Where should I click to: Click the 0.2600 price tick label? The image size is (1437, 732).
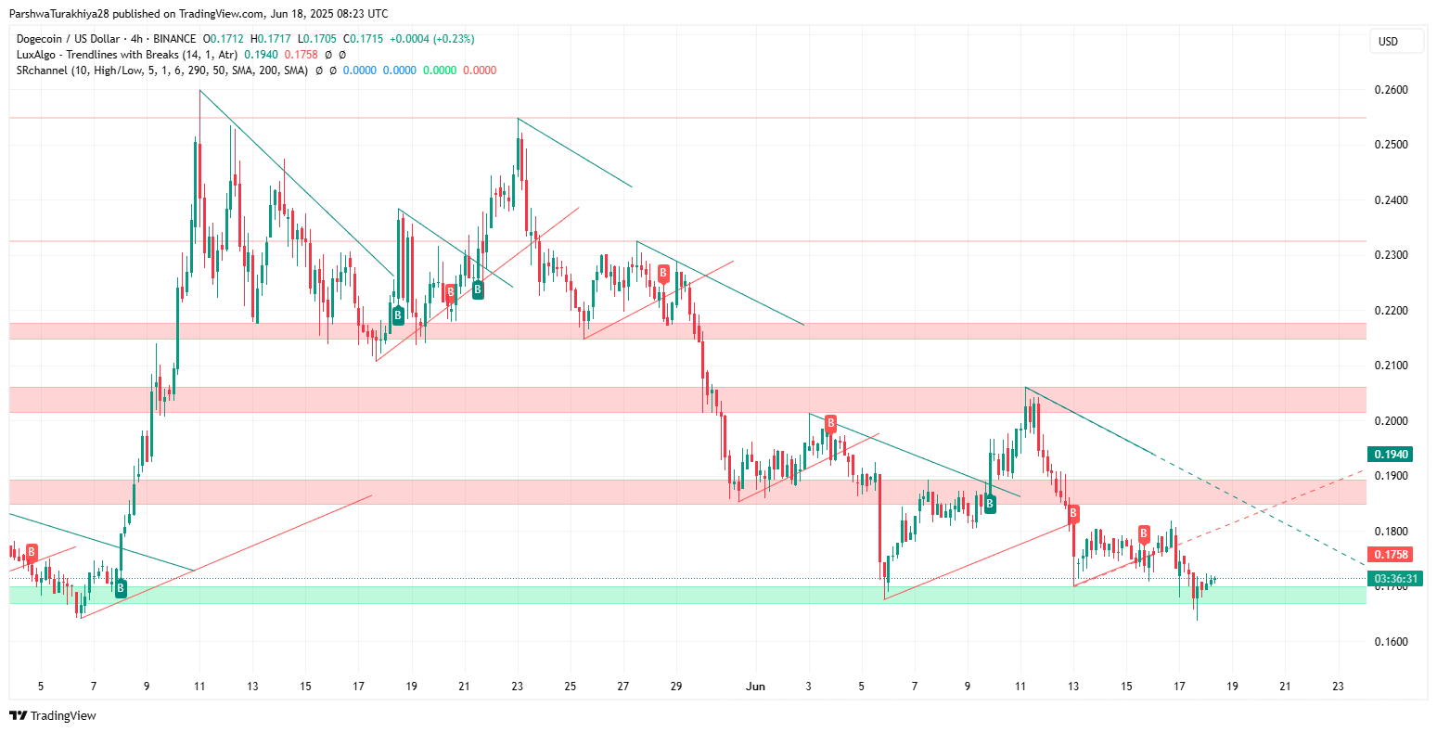[1390, 90]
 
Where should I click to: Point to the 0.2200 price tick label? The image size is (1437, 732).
[1390, 311]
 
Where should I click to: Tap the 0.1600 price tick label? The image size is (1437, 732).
[1390, 642]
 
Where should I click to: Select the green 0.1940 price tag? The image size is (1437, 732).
[1390, 455]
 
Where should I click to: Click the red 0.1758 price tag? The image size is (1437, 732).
[1390, 555]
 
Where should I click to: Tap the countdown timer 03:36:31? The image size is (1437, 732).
[1390, 578]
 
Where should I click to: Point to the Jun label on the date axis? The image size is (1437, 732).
[756, 687]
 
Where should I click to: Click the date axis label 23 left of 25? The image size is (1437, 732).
[517, 687]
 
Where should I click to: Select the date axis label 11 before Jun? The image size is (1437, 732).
[199, 687]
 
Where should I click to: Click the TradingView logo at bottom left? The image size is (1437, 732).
[53, 716]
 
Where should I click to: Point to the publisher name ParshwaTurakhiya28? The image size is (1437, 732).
[63, 14]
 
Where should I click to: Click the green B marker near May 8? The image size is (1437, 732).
[121, 587]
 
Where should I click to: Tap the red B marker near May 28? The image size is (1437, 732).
[663, 272]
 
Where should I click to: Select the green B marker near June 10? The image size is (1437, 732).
[990, 504]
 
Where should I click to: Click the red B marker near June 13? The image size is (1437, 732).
[1073, 512]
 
